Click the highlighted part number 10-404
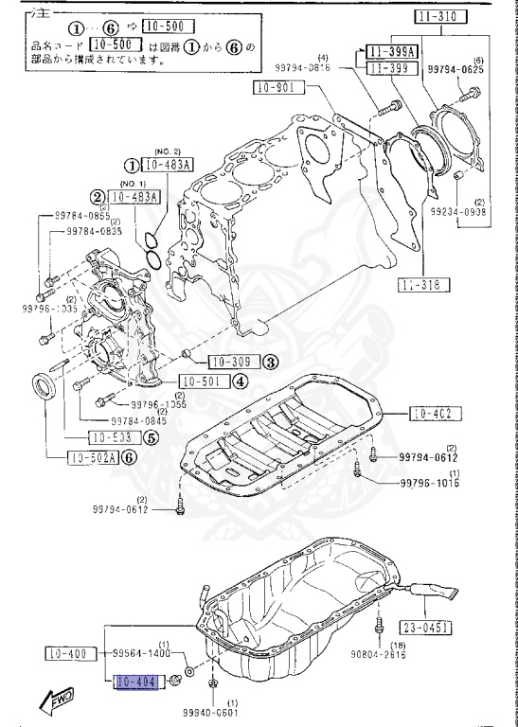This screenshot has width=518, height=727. pyautogui.click(x=134, y=682)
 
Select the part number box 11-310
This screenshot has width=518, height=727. pyautogui.click(x=440, y=16)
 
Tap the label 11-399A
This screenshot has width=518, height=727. pyautogui.click(x=392, y=51)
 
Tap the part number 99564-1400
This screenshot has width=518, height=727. pyautogui.click(x=142, y=654)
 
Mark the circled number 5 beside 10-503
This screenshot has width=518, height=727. pyautogui.click(x=152, y=437)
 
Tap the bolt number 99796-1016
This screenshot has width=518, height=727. pyautogui.click(x=427, y=484)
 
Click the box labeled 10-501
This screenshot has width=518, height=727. pyautogui.click(x=200, y=382)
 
